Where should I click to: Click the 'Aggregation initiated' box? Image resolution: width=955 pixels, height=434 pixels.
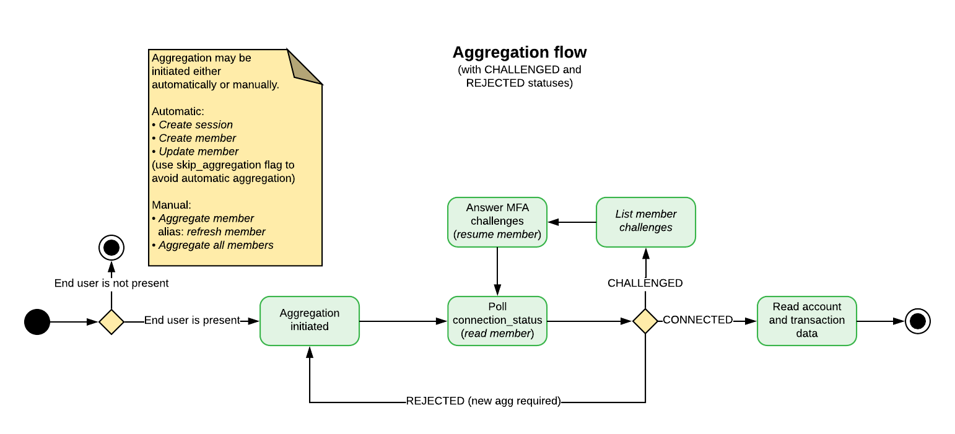tap(310, 321)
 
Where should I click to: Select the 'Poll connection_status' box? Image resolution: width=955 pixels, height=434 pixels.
tap(497, 321)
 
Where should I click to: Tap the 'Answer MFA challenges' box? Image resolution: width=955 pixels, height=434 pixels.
tap(497, 222)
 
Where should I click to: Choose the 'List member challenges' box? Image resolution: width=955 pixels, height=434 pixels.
tap(646, 222)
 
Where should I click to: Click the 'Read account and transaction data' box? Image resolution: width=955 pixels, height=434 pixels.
tap(806, 321)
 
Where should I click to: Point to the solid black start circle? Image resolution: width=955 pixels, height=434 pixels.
tap(37, 322)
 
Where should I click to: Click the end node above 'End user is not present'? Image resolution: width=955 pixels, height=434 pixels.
tap(111, 248)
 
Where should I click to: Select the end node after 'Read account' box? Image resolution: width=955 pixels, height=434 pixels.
tap(917, 321)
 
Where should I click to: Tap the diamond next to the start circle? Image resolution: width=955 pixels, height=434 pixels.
tap(111, 322)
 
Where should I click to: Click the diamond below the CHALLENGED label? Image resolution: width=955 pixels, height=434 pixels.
tap(645, 321)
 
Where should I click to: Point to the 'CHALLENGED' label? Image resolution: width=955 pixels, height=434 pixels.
tap(645, 283)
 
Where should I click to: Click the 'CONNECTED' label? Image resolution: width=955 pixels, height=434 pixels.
tap(697, 319)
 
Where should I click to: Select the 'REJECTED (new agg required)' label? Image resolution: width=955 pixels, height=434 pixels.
tap(484, 401)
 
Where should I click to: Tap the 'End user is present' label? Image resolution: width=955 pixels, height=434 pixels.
tap(192, 320)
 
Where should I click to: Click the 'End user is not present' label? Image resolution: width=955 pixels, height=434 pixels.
tap(111, 283)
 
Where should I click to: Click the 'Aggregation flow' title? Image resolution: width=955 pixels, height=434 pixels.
tap(519, 52)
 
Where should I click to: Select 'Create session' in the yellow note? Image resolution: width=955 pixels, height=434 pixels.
tap(196, 125)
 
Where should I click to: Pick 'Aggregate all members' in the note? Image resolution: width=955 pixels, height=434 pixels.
tap(216, 245)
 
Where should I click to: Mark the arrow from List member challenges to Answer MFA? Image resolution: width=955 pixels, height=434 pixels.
tap(572, 222)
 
